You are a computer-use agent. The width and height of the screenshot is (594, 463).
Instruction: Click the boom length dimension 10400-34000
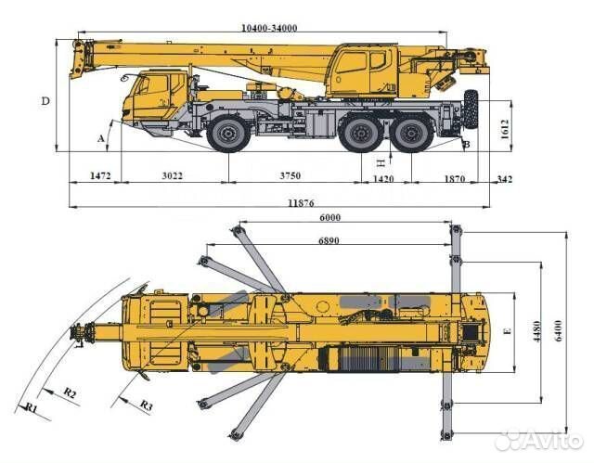[269, 28]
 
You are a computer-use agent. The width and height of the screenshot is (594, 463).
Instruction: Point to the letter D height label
[44, 100]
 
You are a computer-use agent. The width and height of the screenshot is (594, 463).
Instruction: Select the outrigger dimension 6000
[330, 218]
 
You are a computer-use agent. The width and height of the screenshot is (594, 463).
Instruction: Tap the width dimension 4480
[536, 331]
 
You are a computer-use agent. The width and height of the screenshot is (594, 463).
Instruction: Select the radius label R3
[146, 405]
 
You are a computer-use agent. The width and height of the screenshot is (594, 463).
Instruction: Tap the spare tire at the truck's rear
[471, 109]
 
